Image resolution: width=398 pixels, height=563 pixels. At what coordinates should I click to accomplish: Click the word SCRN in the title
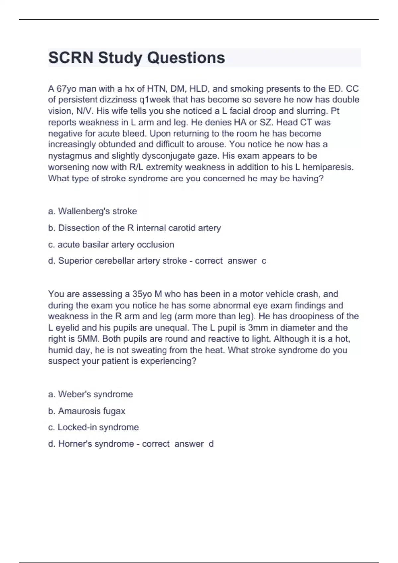(x=71, y=58)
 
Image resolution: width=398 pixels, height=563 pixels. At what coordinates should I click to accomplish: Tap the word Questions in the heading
(x=186, y=58)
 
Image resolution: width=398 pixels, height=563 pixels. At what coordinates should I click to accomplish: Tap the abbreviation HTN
(x=156, y=89)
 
